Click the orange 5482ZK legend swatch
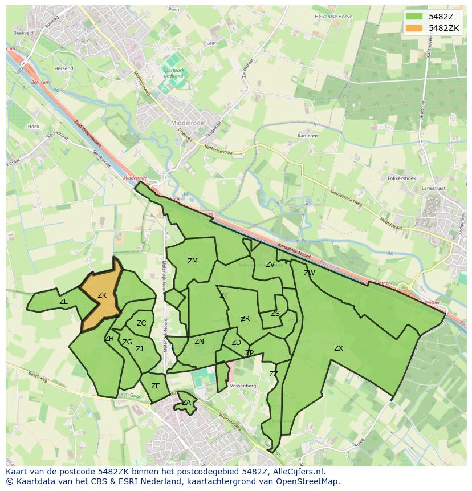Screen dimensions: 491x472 pos(414,28)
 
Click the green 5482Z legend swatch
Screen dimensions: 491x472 pos(414,17)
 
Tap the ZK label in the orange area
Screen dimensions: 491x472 pos(102,295)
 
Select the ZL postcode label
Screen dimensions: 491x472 pos(63,302)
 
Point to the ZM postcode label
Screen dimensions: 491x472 pos(193,261)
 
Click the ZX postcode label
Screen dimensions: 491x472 pos(339,348)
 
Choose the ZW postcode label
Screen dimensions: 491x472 pos(310,273)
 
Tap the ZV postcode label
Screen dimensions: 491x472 pos(270,265)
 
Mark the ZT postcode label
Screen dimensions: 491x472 pos(223,295)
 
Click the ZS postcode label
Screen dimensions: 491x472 pos(275,314)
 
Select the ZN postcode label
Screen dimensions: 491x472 pos(199,342)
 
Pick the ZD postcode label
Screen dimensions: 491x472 pos(236,343)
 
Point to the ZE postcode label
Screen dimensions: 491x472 pos(156,386)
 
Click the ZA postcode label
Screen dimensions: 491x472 pos(186,403)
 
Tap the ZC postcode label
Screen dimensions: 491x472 pos(141,323)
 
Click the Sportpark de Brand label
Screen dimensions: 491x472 pos(173,73)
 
